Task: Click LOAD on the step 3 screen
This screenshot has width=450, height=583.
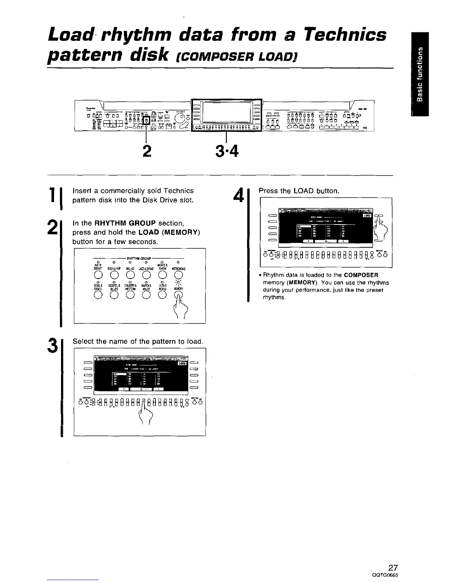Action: click(x=182, y=363)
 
